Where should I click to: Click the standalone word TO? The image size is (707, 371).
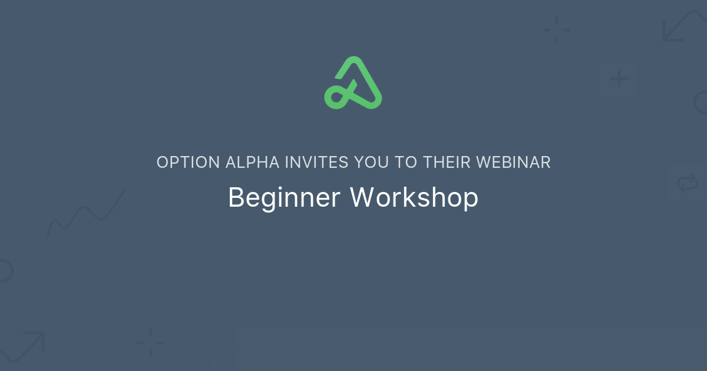coord(406,163)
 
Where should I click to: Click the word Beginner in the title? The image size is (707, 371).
coord(284,198)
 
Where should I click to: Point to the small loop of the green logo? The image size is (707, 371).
coord(336,97)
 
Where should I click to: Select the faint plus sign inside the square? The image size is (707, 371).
coord(619,78)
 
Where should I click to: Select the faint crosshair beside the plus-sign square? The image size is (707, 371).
coord(556,30)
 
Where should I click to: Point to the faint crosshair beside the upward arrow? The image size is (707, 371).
coord(150,342)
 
